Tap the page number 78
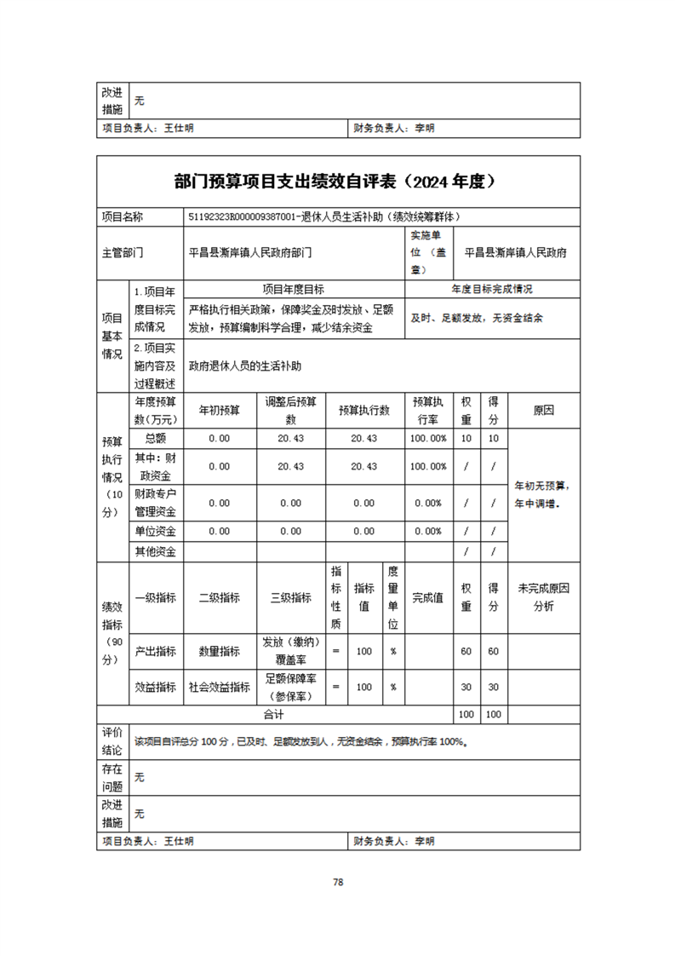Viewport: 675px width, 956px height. click(338, 882)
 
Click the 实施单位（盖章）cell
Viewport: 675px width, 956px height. click(428, 252)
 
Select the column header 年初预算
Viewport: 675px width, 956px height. click(220, 410)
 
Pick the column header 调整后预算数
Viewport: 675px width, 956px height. click(291, 410)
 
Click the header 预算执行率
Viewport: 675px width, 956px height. click(428, 410)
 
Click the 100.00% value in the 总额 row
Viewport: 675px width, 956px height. click(428, 438)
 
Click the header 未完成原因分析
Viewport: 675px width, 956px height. click(543, 597)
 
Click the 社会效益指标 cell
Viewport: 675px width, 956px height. click(220, 687)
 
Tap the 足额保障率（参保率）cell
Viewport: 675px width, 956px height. click(291, 687)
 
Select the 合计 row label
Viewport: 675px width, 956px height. click(273, 714)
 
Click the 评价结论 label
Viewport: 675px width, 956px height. click(112, 741)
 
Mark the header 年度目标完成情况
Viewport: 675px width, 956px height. click(492, 289)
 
